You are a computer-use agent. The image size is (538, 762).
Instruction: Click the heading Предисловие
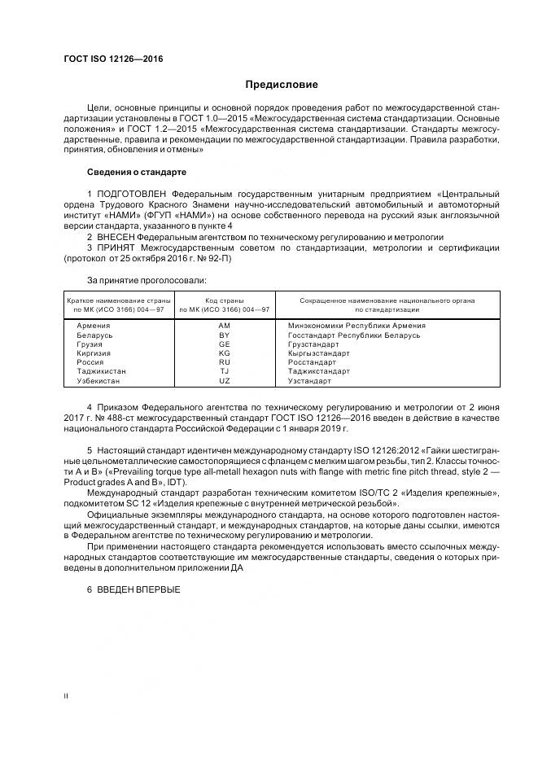(x=282, y=85)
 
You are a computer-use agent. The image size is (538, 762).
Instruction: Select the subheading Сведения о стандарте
(x=137, y=173)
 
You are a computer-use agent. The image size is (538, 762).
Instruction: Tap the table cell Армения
(x=92, y=326)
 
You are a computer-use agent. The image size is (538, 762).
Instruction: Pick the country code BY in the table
(x=224, y=335)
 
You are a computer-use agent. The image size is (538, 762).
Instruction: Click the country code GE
(x=224, y=344)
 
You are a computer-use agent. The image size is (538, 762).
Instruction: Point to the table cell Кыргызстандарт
(x=318, y=353)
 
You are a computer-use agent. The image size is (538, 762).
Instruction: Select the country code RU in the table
(x=224, y=362)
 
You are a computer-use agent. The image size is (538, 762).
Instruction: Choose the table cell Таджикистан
(x=100, y=371)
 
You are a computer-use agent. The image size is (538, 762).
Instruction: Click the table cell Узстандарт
(x=309, y=380)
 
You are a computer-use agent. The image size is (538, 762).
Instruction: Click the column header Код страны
(x=224, y=300)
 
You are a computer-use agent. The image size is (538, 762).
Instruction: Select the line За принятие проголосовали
(x=135, y=279)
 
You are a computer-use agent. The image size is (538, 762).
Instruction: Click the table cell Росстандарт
(x=312, y=362)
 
